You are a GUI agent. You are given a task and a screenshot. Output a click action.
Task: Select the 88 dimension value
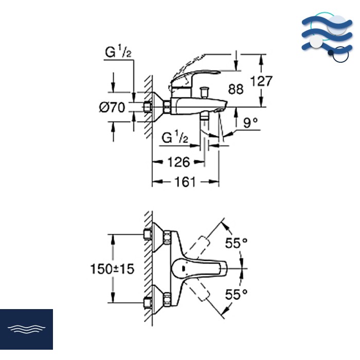click(236, 89)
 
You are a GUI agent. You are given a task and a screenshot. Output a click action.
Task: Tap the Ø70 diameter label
click(112, 107)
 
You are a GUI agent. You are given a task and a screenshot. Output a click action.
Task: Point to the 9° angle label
click(250, 122)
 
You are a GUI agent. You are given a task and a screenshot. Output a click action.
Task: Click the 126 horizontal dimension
click(179, 162)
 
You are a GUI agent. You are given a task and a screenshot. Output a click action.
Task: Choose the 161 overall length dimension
click(185, 182)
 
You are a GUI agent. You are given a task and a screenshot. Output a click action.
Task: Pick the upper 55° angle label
click(237, 243)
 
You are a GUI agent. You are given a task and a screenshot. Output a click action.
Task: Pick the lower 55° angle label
click(237, 294)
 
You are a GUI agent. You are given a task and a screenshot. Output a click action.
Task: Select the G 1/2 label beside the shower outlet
click(175, 137)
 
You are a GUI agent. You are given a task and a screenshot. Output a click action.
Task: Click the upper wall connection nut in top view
click(168, 237)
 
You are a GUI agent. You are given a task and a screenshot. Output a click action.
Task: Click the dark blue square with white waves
click(26, 329)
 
